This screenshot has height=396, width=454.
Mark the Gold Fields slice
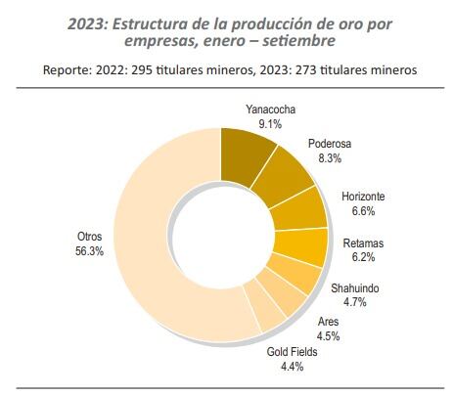tap(256, 316)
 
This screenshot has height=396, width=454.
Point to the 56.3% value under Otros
tap(90, 252)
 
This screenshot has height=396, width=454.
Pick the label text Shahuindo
tap(353, 288)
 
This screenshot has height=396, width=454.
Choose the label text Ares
tap(330, 321)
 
